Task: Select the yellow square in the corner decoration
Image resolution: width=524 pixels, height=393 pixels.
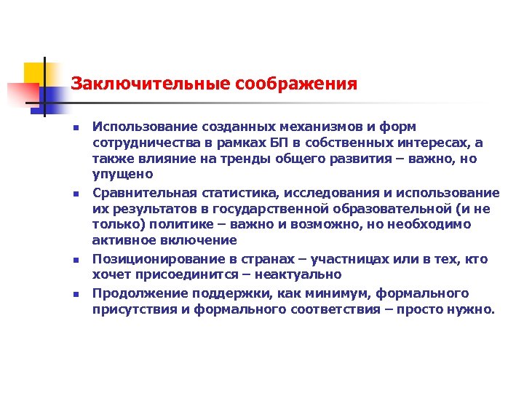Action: click(x=34, y=74)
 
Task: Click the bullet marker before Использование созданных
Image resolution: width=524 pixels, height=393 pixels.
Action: click(x=75, y=128)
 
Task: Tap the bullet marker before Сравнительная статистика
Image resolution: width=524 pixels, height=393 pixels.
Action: click(x=75, y=194)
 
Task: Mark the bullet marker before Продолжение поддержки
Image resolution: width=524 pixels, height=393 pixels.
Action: click(x=75, y=294)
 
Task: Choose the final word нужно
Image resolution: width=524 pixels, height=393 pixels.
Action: click(x=473, y=309)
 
